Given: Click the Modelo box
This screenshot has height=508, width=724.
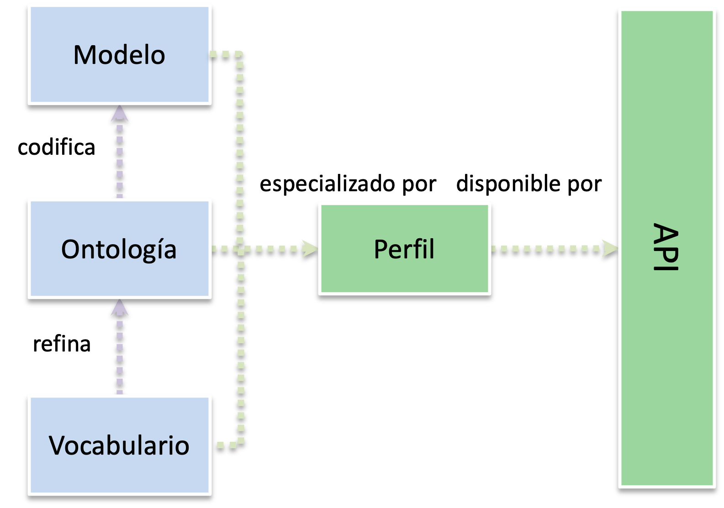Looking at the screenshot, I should (119, 55).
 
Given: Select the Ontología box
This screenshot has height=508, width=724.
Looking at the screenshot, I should (119, 249).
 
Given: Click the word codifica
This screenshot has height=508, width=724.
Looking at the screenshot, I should (56, 147).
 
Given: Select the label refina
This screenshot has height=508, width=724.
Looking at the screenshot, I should (62, 344).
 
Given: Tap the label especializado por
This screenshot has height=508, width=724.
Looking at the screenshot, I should (348, 183).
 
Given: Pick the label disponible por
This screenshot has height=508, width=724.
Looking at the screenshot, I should (529, 183).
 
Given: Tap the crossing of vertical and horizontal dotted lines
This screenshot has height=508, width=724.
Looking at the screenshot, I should (241, 249).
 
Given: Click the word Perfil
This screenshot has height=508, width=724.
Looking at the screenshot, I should (404, 249).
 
